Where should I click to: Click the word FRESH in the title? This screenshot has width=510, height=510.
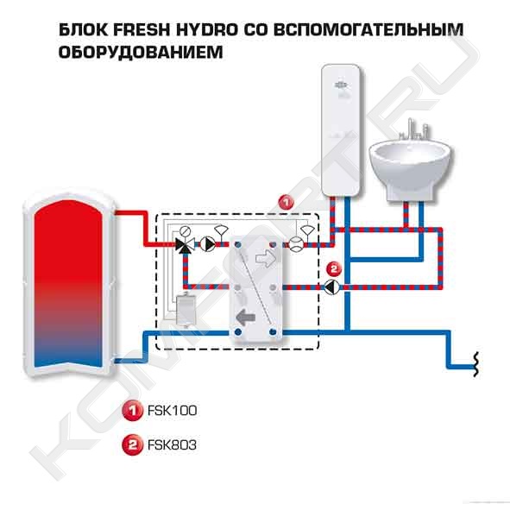coord(142,29)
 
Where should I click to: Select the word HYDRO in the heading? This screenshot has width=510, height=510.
coord(207,29)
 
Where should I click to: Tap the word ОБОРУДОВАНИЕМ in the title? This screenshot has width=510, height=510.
coord(141,52)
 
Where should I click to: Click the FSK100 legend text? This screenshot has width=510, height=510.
coord(172,411)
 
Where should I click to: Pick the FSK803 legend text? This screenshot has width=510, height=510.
coord(172,444)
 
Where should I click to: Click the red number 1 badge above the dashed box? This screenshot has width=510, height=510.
coord(286,203)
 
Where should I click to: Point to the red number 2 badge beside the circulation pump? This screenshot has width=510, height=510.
coord(334,269)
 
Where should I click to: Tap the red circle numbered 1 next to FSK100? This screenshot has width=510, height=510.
coord(132,411)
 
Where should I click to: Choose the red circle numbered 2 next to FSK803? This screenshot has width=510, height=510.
coord(132,444)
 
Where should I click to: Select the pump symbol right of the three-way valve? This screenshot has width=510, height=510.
coord(208,244)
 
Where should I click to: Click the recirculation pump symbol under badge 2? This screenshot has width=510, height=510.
coord(331,287)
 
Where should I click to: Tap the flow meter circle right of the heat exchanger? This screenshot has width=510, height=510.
coord(297,244)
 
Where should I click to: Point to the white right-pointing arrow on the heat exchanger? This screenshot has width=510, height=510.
coord(267,259)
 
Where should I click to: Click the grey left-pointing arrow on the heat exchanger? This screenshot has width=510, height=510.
coord(246,318)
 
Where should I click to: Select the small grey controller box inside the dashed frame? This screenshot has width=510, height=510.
coord(185,310)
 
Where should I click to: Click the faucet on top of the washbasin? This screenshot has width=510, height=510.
coord(413,129)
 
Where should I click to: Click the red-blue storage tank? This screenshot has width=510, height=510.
coord(69,284)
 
